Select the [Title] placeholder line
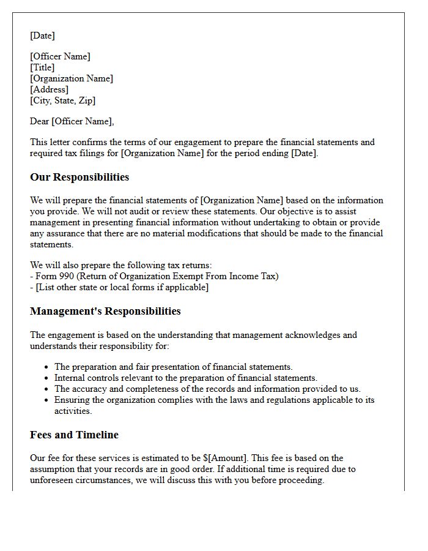[x=42, y=67]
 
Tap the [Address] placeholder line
[x=49, y=89]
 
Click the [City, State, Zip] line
[x=62, y=100]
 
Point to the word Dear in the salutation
[x=40, y=121]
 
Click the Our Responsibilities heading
[x=79, y=178]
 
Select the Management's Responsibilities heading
[x=105, y=311]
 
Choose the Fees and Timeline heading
[x=74, y=435]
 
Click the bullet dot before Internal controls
[x=48, y=378]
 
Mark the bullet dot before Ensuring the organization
[x=48, y=400]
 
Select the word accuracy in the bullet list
[x=90, y=389]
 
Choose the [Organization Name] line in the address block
[x=72, y=78]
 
